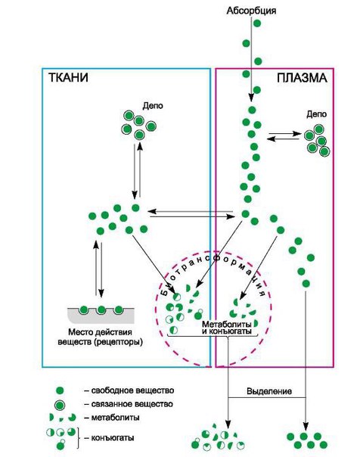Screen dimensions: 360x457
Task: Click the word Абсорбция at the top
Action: [x=251, y=11]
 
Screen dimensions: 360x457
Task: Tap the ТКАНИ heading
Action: [x=68, y=78]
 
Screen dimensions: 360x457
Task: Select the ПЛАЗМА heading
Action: [x=302, y=78]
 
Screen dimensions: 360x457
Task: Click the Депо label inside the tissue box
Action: [x=153, y=106]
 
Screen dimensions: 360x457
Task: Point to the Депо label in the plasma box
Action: [x=316, y=114]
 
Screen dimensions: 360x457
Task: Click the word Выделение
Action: [x=269, y=391]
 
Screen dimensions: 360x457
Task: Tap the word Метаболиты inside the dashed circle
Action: [x=227, y=324]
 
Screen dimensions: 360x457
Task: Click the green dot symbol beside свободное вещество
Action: [x=60, y=390]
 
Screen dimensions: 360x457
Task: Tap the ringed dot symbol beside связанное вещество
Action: [x=60, y=405]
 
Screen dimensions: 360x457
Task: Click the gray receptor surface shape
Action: [x=101, y=316]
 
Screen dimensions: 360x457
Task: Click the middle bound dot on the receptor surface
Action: [x=101, y=309]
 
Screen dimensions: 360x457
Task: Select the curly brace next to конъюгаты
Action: [x=79, y=438]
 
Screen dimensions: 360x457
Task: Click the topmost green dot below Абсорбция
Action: [x=257, y=23]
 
